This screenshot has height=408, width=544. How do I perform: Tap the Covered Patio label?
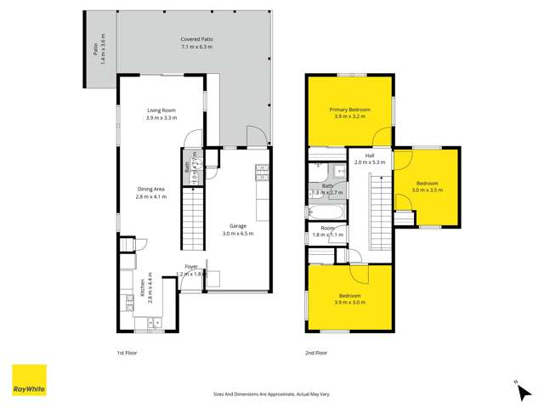coord(196,40)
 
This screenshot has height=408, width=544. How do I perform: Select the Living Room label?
coord(161,110)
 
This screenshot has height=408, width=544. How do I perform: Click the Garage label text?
coord(237,225)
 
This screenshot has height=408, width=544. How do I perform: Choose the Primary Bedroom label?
coord(349,110)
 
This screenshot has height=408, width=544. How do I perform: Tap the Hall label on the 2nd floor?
coord(370,156)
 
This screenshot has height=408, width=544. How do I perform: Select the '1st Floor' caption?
coord(127,351)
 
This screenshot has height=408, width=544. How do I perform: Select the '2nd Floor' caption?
coord(316,351)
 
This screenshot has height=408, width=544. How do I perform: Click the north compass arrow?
coord(515,384)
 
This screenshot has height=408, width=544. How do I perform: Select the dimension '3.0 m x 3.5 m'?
coord(428,190)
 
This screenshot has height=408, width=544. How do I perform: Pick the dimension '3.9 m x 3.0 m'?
coord(350,302)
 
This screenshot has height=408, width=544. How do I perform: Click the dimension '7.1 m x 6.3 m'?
coord(196,48)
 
